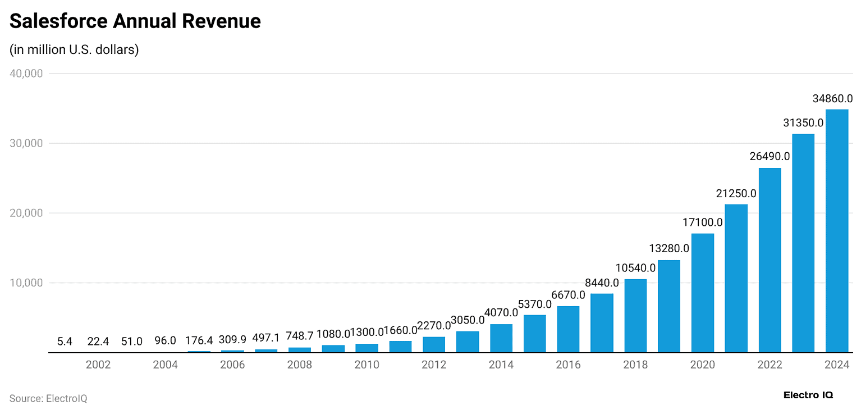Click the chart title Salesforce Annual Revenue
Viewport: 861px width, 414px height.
(135, 21)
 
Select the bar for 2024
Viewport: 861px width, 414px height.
(836, 231)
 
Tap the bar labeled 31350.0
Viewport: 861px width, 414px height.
(803, 243)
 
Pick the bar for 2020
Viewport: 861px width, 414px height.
(702, 293)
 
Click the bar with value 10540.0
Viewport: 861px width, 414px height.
(635, 316)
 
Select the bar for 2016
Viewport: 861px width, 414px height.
(568, 329)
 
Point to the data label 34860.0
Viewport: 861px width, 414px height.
(832, 99)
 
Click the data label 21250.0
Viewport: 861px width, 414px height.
(736, 194)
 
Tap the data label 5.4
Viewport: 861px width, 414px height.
(65, 341)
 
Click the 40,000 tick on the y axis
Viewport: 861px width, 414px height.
(26, 74)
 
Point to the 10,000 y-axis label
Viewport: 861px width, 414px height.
(26, 283)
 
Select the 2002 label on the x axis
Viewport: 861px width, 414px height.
(98, 365)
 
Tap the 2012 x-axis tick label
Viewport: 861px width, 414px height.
(434, 365)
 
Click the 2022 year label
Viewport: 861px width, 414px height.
(770, 365)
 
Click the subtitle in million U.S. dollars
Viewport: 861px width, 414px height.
(74, 49)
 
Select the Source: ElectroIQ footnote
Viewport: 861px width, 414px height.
(48, 398)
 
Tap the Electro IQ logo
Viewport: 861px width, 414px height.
(808, 395)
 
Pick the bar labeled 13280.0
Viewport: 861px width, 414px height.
(668, 306)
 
